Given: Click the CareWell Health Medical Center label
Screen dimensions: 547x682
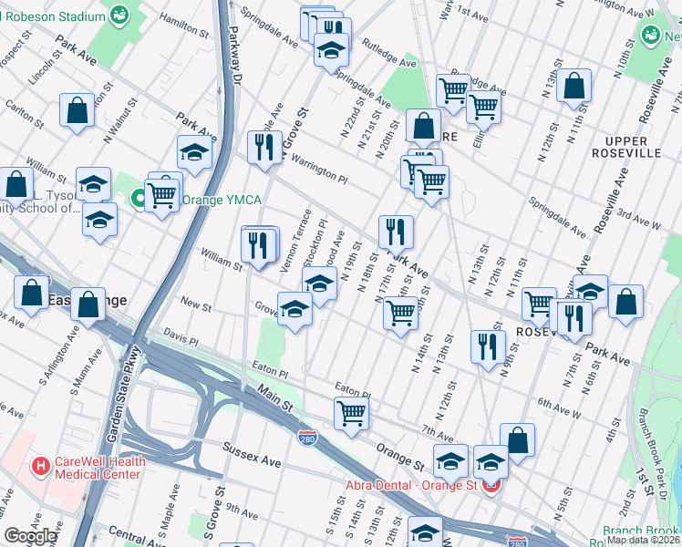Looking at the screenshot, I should [x=98, y=467].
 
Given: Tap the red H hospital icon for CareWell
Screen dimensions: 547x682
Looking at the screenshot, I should [x=40, y=467].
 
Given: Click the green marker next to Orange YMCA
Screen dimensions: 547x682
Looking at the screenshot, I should [x=139, y=197].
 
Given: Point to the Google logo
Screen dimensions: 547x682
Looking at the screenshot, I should [x=30, y=536].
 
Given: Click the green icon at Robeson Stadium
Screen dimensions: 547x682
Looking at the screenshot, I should [x=119, y=15].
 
